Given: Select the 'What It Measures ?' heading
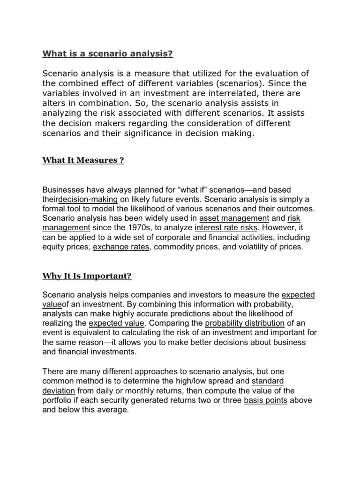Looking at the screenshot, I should pos(82,161).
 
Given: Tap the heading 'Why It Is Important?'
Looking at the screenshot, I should pos(87,276).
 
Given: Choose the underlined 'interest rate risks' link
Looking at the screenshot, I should pos(225,227).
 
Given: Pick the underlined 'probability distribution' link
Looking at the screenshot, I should pos(245,323).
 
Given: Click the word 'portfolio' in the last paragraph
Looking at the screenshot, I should pos(59,400).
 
